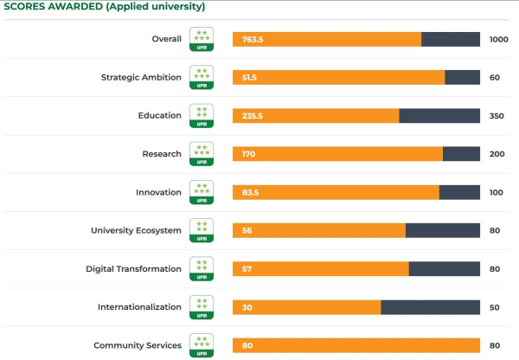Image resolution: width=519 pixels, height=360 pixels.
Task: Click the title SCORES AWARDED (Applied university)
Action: pyautogui.click(x=105, y=7)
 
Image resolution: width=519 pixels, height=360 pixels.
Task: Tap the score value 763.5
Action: pyautogui.click(x=251, y=39)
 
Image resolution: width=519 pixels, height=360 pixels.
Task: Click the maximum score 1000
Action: pyautogui.click(x=499, y=39)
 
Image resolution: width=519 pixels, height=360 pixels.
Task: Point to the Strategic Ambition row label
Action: pyautogui.click(x=141, y=77)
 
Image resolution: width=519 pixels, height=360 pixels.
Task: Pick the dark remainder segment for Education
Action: pyautogui.click(x=439, y=116)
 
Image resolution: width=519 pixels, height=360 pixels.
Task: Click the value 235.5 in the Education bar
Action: pyautogui.click(x=253, y=116)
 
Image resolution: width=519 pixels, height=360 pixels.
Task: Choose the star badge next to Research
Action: pyautogui.click(x=202, y=154)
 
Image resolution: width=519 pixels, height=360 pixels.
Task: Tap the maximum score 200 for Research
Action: pyautogui.click(x=497, y=154)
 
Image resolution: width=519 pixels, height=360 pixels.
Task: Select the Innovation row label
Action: pyautogui.click(x=158, y=192)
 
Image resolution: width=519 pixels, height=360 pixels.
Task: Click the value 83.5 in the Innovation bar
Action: pyautogui.click(x=251, y=192)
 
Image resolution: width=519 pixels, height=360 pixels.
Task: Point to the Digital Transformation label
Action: pyautogui.click(x=133, y=268)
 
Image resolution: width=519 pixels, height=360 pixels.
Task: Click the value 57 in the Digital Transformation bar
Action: pyautogui.click(x=247, y=268)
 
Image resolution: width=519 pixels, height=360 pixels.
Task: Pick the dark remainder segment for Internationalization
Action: pyautogui.click(x=430, y=307)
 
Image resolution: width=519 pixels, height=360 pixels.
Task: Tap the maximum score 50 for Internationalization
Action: pyautogui.click(x=495, y=307)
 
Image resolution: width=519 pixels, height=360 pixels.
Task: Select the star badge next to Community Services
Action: pyautogui.click(x=202, y=345)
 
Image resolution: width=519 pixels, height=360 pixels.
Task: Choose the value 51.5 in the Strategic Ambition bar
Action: pyautogui.click(x=250, y=77)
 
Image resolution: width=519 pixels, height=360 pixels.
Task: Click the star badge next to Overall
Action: pyautogui.click(x=202, y=39)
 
